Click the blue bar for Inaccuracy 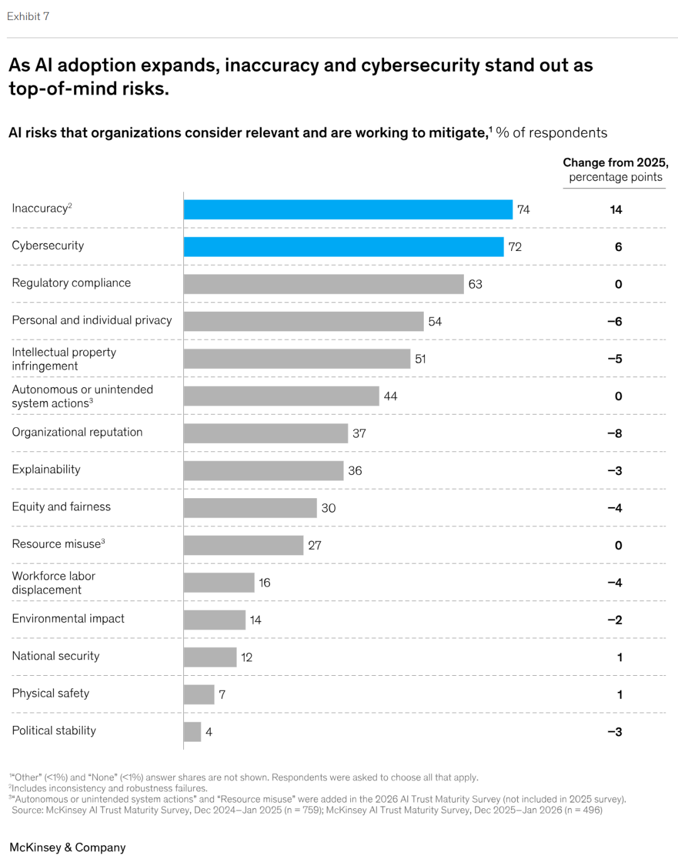click(x=348, y=210)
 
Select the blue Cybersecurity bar click(x=343, y=247)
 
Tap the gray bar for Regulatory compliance click(x=323, y=284)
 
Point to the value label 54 click(x=435, y=322)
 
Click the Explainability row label click(x=46, y=469)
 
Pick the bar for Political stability click(x=192, y=732)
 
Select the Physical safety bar click(x=199, y=695)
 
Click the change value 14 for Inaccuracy click(x=616, y=210)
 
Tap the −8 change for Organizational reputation click(x=615, y=434)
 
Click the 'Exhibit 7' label click(x=28, y=16)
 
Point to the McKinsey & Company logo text click(x=68, y=847)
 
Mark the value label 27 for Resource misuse click(x=315, y=545)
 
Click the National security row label click(x=56, y=656)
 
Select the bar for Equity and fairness click(x=250, y=508)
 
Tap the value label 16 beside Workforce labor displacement click(x=264, y=583)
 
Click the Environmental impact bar click(x=214, y=620)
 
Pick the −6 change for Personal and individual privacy click(x=615, y=322)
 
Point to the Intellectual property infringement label click(x=64, y=359)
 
